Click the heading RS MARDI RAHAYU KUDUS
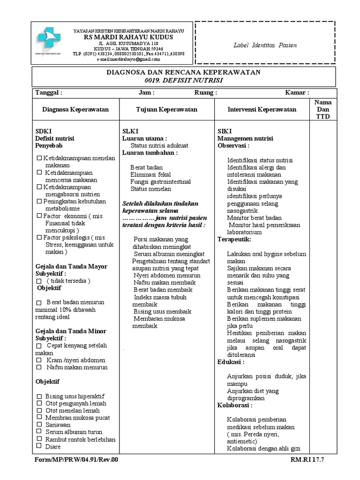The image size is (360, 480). coord(128,37)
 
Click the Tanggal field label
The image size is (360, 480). coord(49,93)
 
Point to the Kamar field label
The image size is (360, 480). coord(297,93)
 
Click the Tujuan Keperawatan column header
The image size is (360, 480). coord(166,109)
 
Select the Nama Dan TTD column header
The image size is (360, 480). coord(323,109)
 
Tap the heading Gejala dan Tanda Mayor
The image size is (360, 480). coord(72,266)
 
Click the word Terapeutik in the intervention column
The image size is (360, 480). coord(234,239)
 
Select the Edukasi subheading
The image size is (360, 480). coord(231,362)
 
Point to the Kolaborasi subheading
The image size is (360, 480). coord(235,405)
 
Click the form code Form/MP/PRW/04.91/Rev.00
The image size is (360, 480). coord(76,460)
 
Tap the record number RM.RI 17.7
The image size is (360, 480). coord(307,460)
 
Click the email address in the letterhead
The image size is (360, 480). coord(128,60)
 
